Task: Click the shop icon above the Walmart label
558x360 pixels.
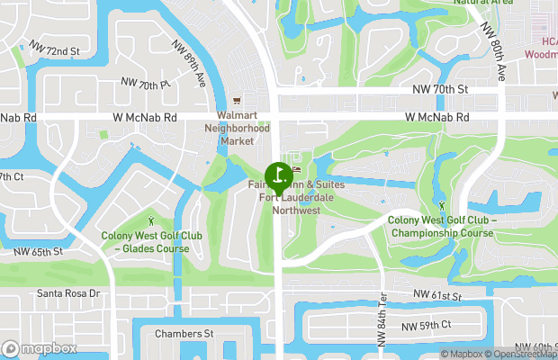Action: (x=238, y=100)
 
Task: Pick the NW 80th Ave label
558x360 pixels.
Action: (x=496, y=54)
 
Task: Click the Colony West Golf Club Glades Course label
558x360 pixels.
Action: (x=145, y=242)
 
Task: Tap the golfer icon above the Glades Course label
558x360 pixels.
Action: (x=151, y=220)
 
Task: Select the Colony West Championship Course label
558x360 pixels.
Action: (x=441, y=227)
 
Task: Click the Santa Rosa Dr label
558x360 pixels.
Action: (x=67, y=293)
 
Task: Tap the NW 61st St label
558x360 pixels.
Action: (x=437, y=295)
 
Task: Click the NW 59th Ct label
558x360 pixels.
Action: (x=426, y=325)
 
